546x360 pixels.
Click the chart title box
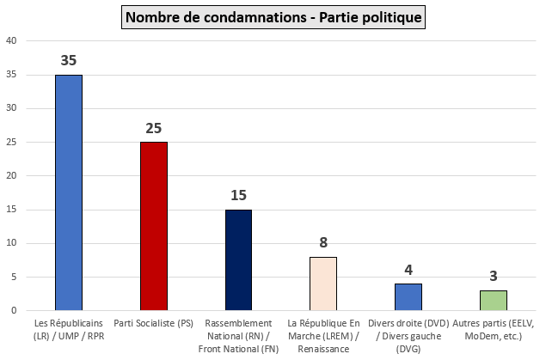273,16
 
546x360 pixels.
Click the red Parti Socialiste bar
153,225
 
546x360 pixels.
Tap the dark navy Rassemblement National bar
238,259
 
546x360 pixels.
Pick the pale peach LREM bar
323,283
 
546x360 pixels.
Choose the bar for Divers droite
408,296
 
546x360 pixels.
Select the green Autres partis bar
494,300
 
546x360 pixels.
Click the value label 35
69,61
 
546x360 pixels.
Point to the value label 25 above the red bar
153,129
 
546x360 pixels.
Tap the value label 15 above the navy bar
238,196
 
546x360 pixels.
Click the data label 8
323,243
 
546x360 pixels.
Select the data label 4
408,270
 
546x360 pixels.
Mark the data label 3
494,277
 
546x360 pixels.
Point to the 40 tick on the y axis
10,40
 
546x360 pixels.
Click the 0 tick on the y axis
13,310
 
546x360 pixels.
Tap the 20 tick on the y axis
10,175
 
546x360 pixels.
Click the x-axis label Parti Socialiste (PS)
153,323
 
